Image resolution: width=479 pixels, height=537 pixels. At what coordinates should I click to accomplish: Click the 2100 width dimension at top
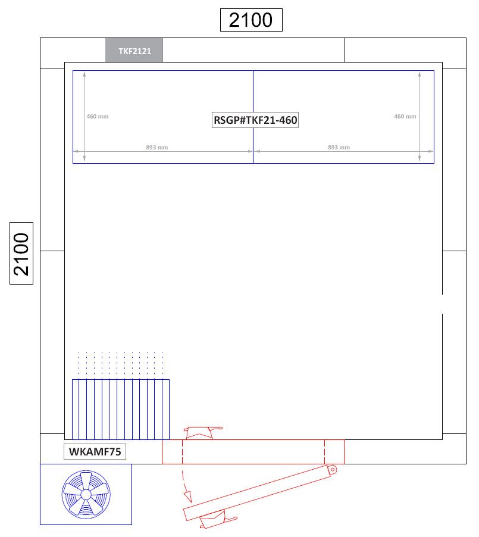pyautogui.click(x=251, y=20)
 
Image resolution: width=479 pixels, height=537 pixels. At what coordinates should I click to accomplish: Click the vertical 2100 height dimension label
pyautogui.click(x=21, y=254)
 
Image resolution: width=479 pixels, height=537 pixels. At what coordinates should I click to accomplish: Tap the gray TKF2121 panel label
pyautogui.click(x=134, y=51)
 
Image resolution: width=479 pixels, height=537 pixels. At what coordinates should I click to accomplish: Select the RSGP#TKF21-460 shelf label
pyautogui.click(x=255, y=120)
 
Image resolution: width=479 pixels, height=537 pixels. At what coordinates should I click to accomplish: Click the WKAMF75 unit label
pyautogui.click(x=95, y=452)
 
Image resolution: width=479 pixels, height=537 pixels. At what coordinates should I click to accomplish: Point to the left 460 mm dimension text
pyautogui.click(x=98, y=117)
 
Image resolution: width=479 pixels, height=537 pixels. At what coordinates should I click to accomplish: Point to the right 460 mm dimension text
pyautogui.click(x=405, y=117)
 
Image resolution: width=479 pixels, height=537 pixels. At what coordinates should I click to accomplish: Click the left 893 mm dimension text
pyautogui.click(x=157, y=147)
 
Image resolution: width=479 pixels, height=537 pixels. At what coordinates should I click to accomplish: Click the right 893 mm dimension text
pyautogui.click(x=339, y=147)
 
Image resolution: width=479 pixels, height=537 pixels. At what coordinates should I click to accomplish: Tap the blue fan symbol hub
pyautogui.click(x=86, y=495)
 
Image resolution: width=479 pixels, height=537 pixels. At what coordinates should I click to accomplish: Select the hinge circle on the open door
pyautogui.click(x=332, y=470)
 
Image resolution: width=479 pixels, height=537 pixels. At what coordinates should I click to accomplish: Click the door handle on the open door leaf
pyautogui.click(x=218, y=520)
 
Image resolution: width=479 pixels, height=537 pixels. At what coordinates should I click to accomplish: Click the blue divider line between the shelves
pyautogui.click(x=253, y=117)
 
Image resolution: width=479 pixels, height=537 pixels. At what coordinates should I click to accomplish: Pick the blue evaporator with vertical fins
pyautogui.click(x=121, y=409)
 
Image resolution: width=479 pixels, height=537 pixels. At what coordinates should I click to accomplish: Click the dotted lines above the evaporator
pyautogui.click(x=121, y=365)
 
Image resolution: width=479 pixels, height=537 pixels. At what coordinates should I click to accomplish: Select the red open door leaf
pyautogui.click(x=260, y=492)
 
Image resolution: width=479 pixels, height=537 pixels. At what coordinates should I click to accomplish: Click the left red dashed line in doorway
pyautogui.click(x=183, y=452)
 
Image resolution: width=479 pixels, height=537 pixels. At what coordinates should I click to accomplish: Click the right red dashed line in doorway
pyautogui.click(x=324, y=452)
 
